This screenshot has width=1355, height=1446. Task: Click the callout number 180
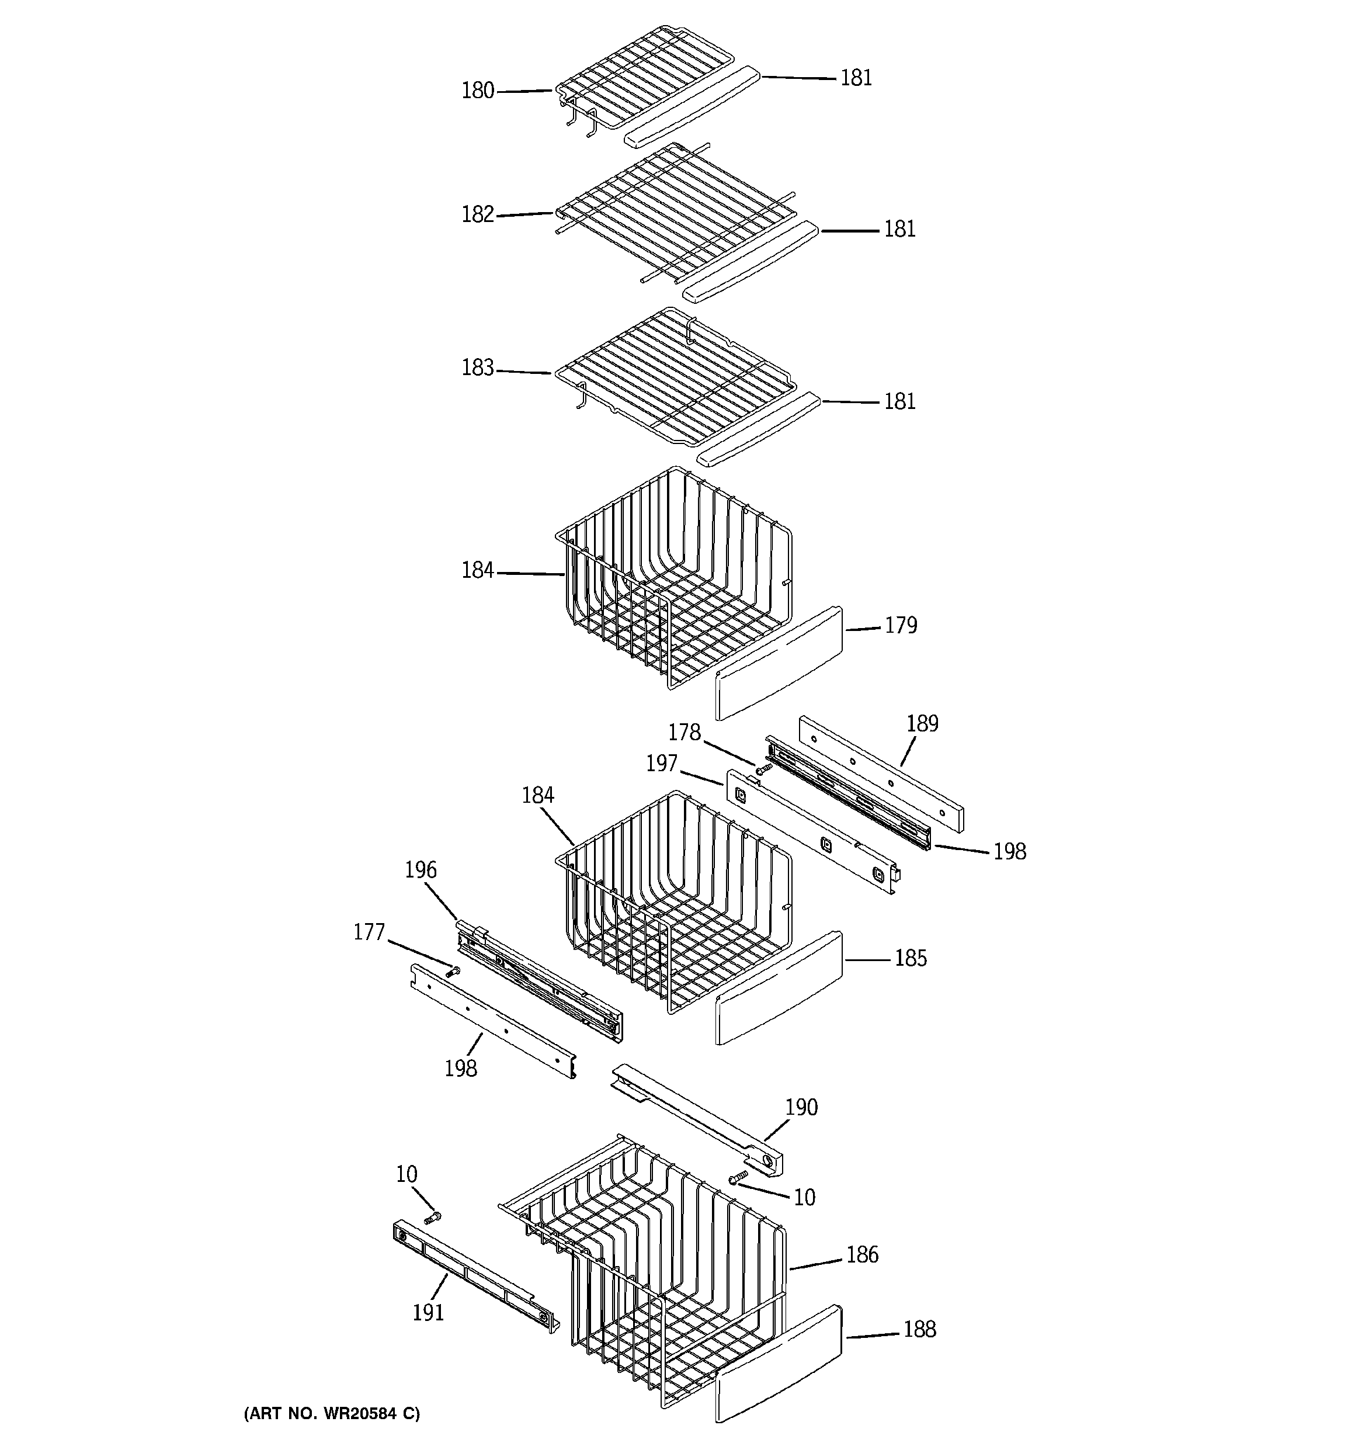(478, 91)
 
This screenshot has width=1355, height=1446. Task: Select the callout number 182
(478, 214)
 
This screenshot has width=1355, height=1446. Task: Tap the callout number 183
(478, 368)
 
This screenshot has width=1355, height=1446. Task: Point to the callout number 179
(901, 626)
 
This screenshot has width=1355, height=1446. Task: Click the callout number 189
(922, 724)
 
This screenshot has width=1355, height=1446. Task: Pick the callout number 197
(662, 763)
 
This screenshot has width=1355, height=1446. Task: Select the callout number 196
(421, 870)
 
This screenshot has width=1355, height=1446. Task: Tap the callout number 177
(369, 932)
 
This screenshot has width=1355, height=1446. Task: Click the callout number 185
(911, 958)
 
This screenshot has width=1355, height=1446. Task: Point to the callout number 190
(801, 1107)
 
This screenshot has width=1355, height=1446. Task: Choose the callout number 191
(428, 1312)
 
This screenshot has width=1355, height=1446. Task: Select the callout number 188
(919, 1329)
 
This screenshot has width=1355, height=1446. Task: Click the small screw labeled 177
(454, 970)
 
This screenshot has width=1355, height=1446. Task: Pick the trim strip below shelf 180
(692, 108)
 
